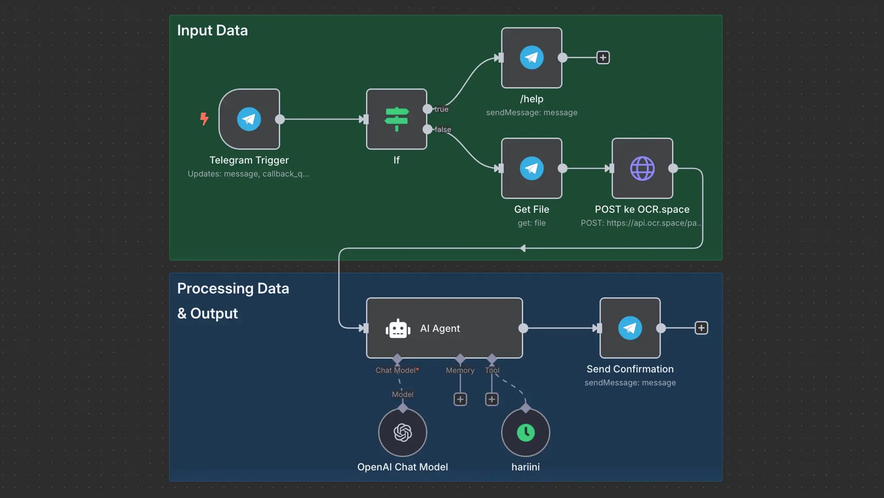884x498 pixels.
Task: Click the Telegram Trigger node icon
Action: pos(249,119)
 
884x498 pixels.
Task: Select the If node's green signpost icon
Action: pos(397,119)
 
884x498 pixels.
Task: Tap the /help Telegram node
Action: pos(531,57)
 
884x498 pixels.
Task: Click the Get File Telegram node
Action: pos(531,168)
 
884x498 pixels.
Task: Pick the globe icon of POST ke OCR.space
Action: pos(642,168)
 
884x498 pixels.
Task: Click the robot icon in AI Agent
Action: pos(398,329)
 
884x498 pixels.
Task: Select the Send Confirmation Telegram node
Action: pos(630,328)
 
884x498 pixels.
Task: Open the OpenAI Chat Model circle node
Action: pos(402,432)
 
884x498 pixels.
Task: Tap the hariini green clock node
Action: pos(525,432)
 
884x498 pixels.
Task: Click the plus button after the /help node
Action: pos(603,57)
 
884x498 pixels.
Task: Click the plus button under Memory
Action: pos(460,399)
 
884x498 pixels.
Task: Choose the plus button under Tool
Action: pos(492,399)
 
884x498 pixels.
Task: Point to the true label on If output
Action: pos(441,109)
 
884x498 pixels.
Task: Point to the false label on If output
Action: pos(442,129)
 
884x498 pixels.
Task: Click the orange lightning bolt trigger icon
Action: pos(204,119)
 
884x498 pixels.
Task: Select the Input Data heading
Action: pos(212,31)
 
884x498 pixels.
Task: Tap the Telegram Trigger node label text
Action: pos(249,160)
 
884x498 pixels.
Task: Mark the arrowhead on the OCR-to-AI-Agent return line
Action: pos(523,248)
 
